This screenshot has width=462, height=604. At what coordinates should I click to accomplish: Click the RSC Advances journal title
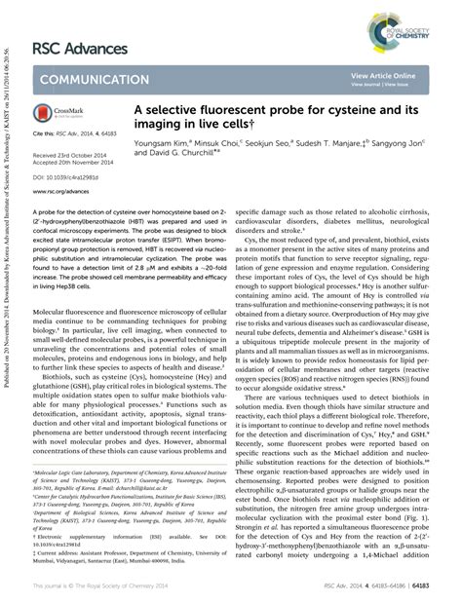(x=79, y=49)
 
